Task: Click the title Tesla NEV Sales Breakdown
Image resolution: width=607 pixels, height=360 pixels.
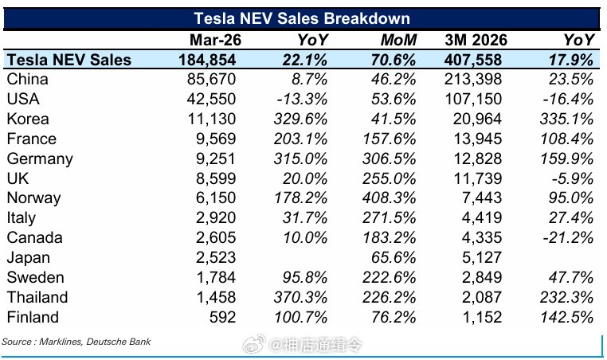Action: click(302, 18)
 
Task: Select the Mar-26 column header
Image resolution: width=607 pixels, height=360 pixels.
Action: click(215, 40)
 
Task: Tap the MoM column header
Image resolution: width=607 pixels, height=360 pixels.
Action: click(398, 40)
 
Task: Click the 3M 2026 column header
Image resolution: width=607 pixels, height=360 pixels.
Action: click(476, 40)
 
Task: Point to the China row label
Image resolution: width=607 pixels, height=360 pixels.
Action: click(28, 79)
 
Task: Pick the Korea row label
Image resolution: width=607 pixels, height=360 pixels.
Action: click(28, 119)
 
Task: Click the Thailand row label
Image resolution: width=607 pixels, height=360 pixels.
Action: click(37, 297)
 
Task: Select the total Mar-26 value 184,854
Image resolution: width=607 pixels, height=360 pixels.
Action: click(207, 60)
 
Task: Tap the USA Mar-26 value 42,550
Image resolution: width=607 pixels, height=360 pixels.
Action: click(211, 99)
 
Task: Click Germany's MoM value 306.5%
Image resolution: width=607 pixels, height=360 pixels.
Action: click(389, 158)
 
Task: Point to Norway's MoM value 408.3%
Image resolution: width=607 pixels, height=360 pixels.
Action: click(389, 198)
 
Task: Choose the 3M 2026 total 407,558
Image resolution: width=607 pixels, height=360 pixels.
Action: click(473, 60)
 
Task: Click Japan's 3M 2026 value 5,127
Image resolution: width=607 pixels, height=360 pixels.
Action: click(482, 257)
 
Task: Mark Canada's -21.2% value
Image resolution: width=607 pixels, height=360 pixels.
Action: click(568, 237)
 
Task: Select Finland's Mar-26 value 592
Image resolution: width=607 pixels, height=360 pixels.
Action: click(222, 317)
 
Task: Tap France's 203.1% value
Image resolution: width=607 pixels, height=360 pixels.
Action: click(300, 139)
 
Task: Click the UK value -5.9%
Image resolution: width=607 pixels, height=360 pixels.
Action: click(573, 178)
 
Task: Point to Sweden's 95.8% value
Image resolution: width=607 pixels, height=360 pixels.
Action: click(305, 277)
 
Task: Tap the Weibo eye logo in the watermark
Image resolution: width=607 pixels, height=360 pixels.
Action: click(254, 344)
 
